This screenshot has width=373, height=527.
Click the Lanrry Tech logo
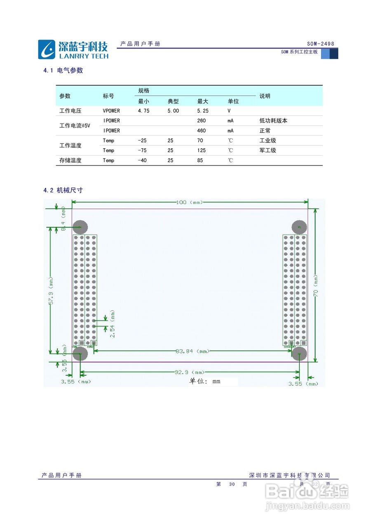(x=73, y=49)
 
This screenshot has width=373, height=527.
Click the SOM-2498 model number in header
(x=320, y=44)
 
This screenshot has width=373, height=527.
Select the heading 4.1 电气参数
(x=63, y=70)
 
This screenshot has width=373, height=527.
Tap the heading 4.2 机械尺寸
(x=63, y=190)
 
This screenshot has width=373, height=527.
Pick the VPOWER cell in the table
(x=111, y=111)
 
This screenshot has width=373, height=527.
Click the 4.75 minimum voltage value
(x=143, y=111)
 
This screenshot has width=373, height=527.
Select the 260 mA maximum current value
(x=202, y=121)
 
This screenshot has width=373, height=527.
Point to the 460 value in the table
(x=202, y=131)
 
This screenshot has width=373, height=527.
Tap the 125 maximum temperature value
(x=202, y=150)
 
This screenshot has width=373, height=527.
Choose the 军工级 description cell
(x=267, y=150)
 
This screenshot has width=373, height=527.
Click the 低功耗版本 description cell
(x=273, y=121)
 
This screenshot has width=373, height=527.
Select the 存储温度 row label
(x=70, y=161)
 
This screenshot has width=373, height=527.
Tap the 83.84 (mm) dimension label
(x=192, y=351)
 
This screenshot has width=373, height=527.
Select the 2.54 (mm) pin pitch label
(x=113, y=324)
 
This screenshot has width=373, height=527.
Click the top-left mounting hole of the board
(x=80, y=227)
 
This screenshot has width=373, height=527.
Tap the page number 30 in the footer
(x=232, y=484)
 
